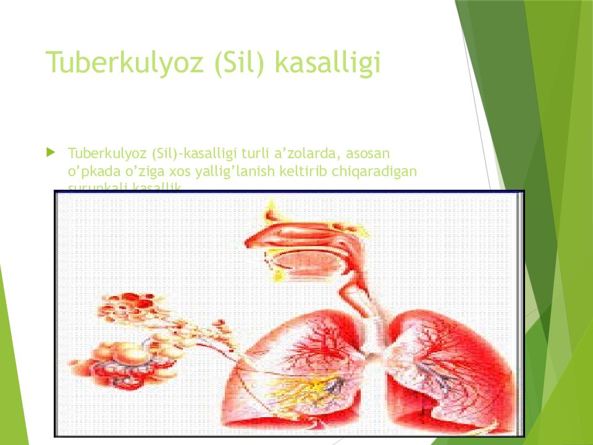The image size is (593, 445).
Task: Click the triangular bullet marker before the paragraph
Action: pos(51,151)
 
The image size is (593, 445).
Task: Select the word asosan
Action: pos(372,152)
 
